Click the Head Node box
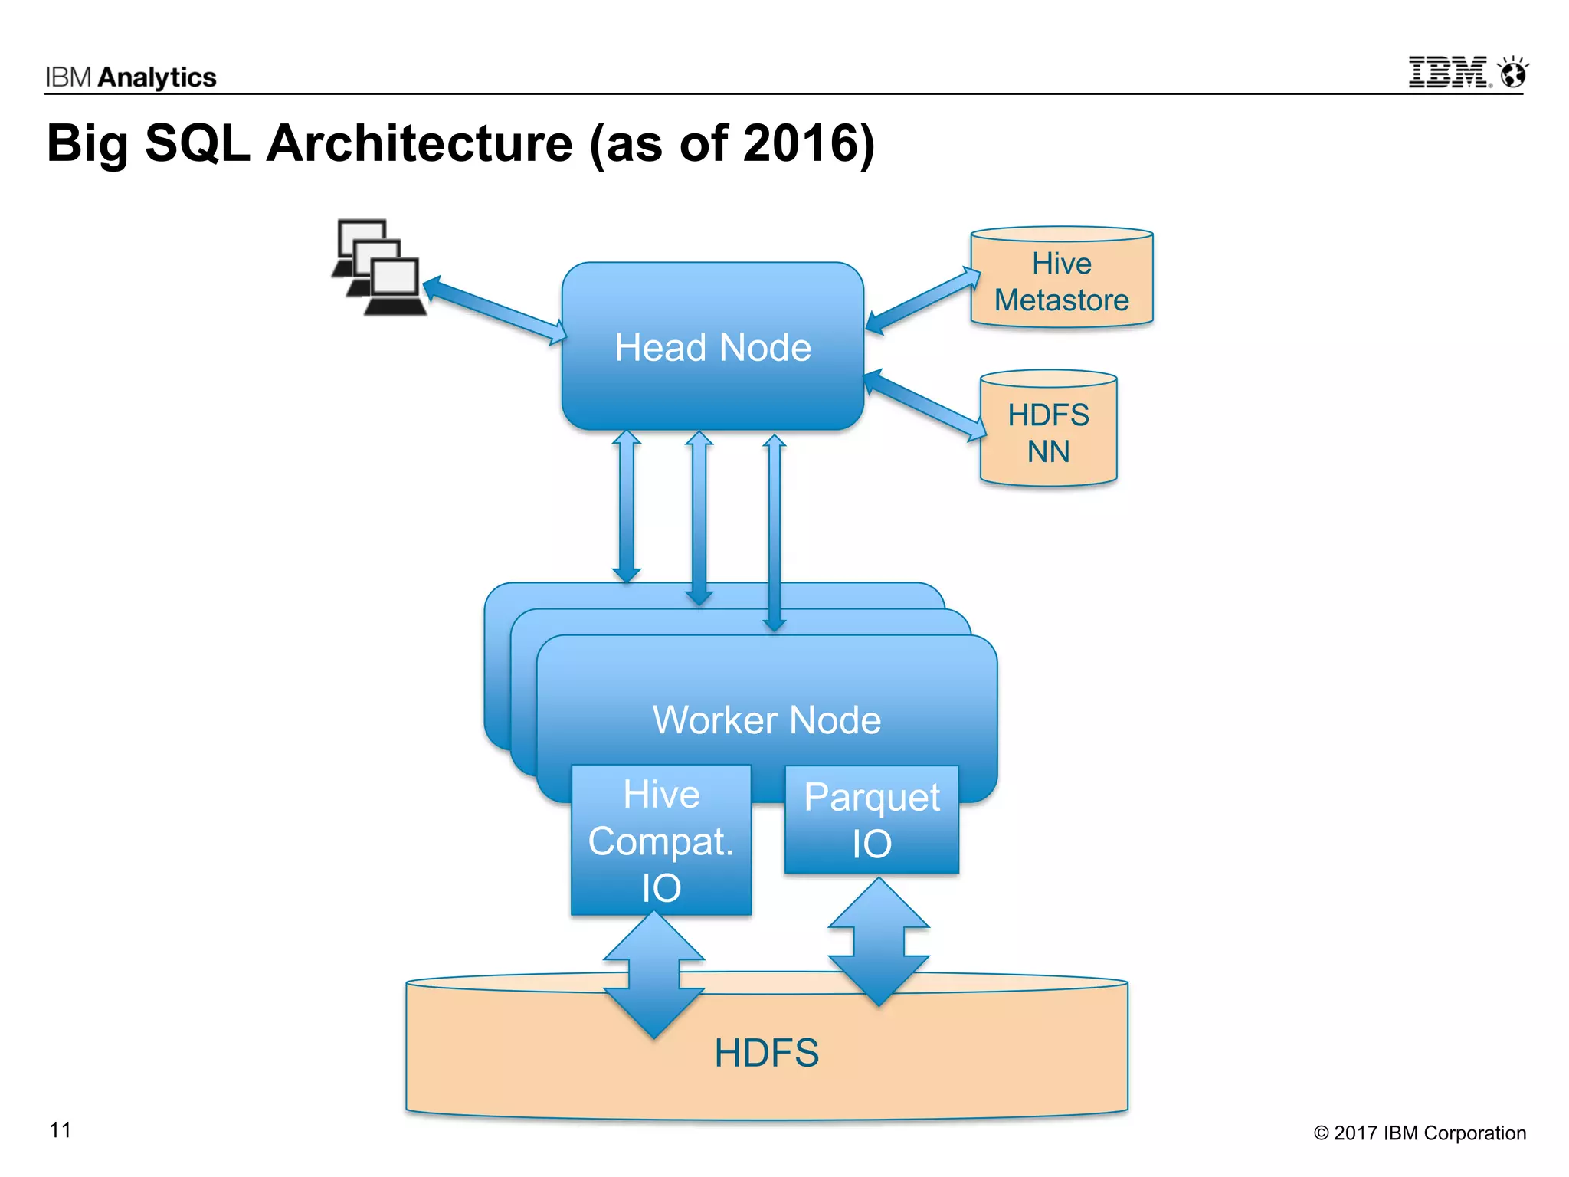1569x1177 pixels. pos(712,346)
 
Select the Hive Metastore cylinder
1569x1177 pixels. pos(1061,280)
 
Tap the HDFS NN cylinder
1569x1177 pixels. pos(1048,432)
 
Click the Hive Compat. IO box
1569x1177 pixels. pos(661,840)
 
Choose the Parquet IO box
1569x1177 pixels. pos(872,820)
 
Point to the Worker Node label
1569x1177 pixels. pos(766,720)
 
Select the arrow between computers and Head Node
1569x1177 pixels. pos(495,310)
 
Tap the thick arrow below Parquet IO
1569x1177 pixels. pos(879,942)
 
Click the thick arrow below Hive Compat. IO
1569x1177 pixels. pos(653,975)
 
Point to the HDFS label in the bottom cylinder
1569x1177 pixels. pos(766,1053)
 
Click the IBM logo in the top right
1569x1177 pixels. pos(1467,73)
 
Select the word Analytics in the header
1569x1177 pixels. pos(157,77)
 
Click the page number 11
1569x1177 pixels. pos(60,1130)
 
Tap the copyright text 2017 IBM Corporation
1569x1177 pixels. pos(1420,1133)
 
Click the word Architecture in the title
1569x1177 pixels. pos(420,143)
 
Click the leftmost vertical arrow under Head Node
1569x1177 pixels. pos(627,506)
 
